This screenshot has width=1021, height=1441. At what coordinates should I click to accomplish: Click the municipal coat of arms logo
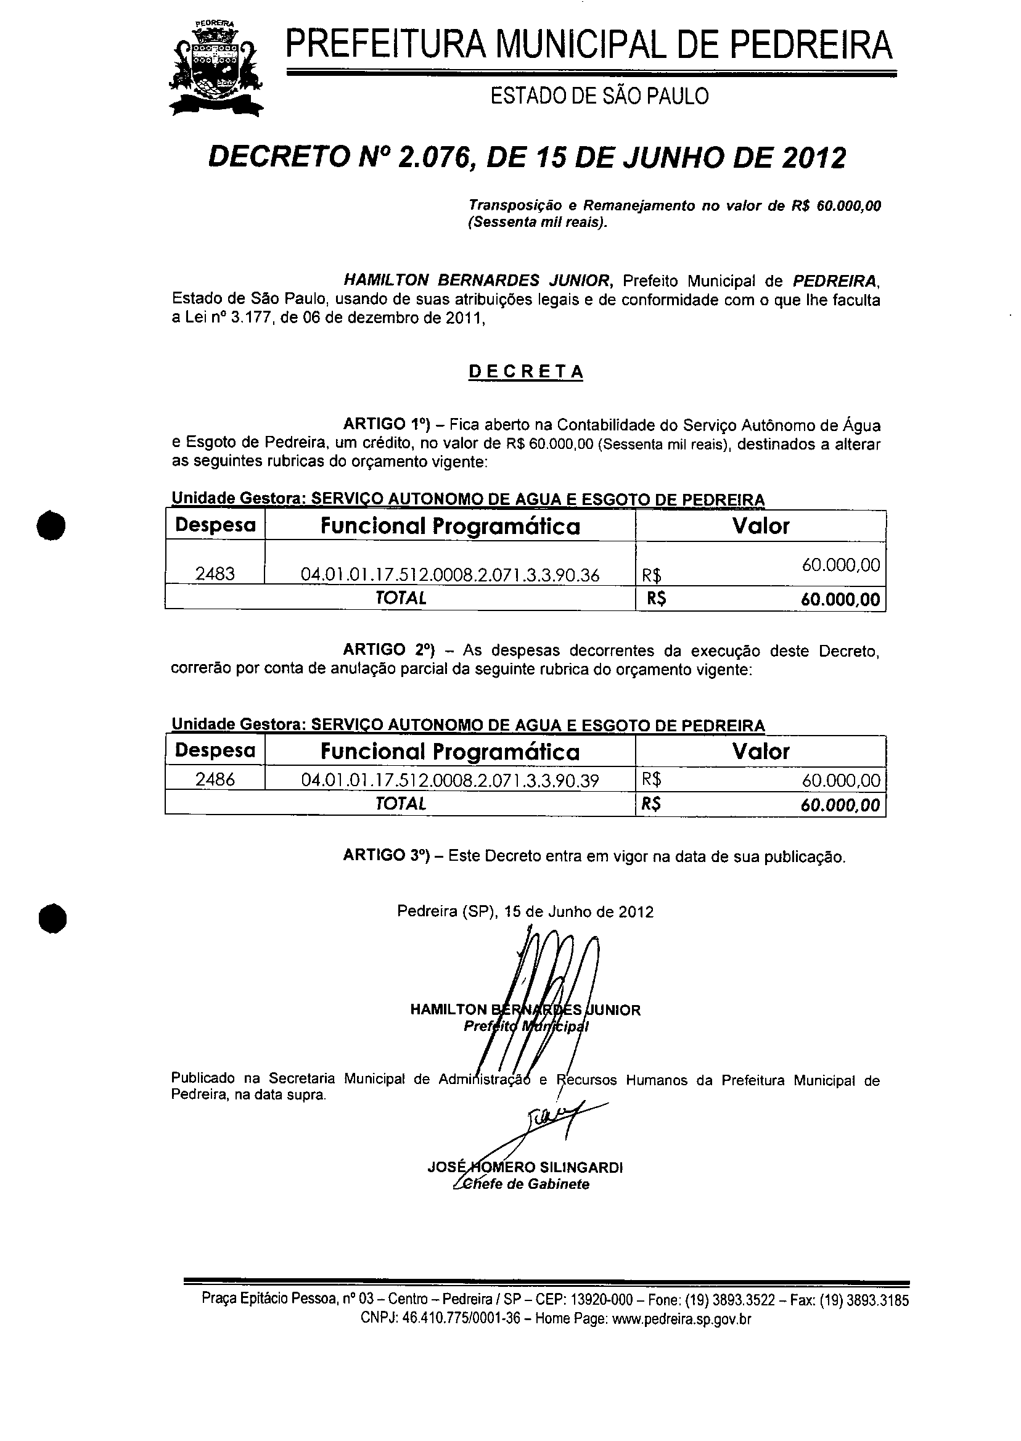click(x=216, y=68)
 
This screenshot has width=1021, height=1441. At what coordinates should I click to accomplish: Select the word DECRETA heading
click(x=525, y=372)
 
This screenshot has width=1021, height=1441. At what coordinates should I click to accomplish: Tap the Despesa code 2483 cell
click(x=215, y=573)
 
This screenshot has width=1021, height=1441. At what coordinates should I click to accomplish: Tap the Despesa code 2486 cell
click(x=215, y=779)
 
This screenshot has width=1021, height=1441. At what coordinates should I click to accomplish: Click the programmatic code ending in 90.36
click(x=449, y=575)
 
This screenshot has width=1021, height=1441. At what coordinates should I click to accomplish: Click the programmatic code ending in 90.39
click(x=449, y=781)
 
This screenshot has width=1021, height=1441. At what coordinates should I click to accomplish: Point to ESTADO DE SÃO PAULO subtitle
click(x=599, y=96)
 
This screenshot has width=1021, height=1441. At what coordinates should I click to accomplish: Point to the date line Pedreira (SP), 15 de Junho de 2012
click(x=525, y=911)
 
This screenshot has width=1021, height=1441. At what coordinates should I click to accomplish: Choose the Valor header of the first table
click(x=760, y=525)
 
